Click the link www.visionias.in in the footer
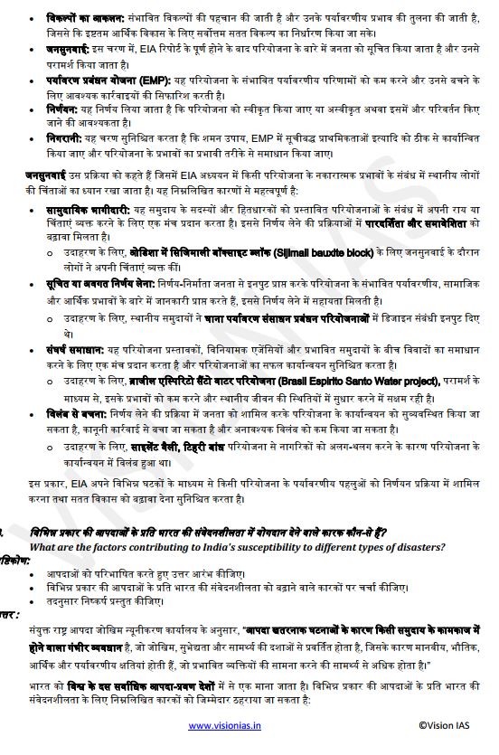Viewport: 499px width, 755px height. coord(224,724)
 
